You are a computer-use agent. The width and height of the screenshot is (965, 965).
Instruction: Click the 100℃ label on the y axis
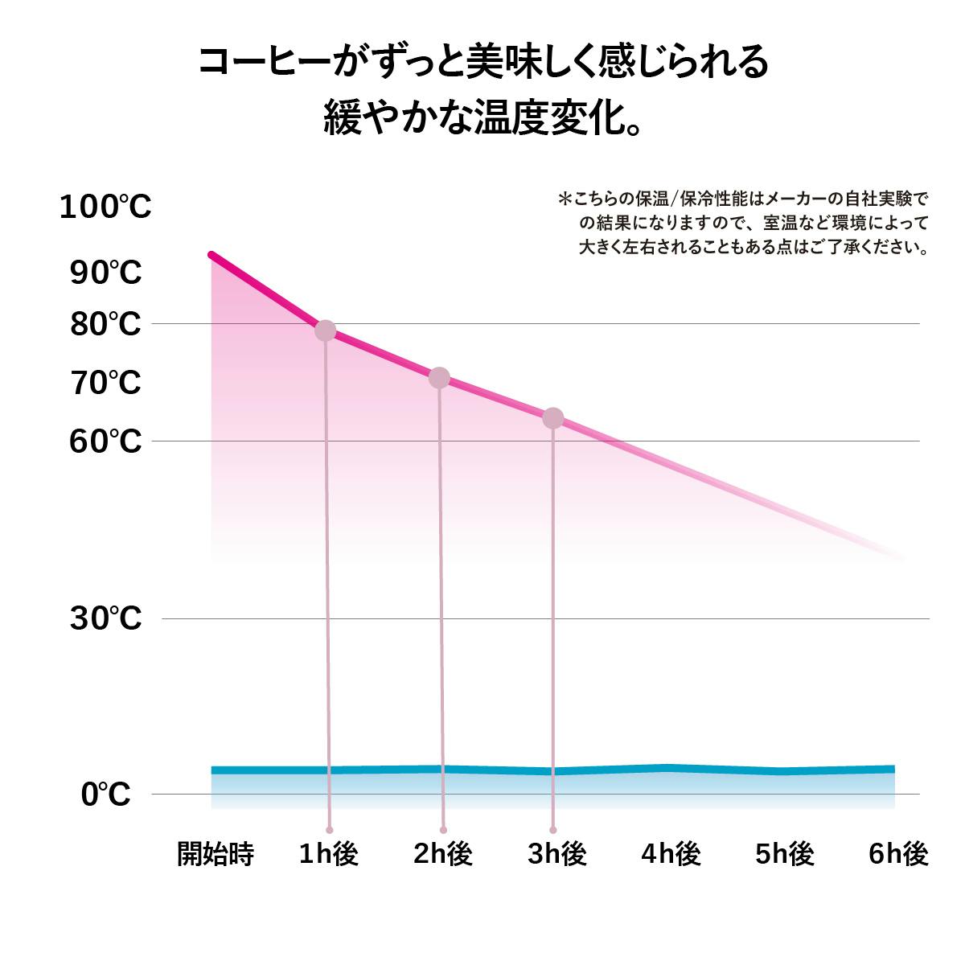105,207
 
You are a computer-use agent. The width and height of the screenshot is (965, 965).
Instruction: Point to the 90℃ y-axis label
105,273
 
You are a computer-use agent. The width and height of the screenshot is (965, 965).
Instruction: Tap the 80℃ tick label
105,325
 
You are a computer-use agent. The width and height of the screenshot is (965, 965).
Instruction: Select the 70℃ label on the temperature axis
105,383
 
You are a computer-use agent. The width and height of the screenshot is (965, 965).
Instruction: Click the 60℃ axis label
105,441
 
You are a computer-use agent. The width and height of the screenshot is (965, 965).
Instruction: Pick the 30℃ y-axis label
105,619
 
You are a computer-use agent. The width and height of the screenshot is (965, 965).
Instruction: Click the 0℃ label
105,795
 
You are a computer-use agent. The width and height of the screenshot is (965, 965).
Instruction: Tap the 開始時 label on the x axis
216,854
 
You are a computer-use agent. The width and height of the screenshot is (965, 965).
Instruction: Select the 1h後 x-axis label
328,854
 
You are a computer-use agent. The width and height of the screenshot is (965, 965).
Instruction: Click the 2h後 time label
442,854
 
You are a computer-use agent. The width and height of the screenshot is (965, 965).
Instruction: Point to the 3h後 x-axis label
556,854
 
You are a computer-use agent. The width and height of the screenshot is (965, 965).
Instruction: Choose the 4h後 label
671,854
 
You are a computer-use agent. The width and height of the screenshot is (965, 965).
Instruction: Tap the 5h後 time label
784,854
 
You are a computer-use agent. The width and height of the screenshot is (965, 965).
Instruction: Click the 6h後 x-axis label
898,854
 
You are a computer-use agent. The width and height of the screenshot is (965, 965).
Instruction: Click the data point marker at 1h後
325,330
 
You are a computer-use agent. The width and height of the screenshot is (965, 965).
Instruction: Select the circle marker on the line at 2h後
439,377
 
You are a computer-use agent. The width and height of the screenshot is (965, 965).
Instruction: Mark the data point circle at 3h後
553,418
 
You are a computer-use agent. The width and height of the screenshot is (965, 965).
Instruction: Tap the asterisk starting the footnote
565,198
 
